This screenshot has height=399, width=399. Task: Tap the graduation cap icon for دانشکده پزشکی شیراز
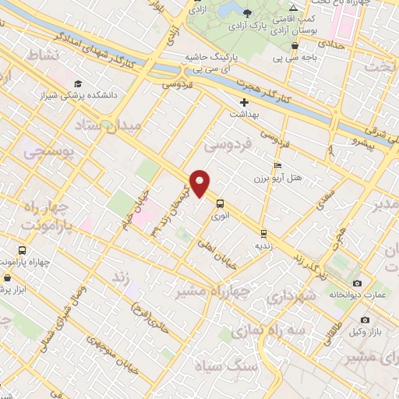(78, 84)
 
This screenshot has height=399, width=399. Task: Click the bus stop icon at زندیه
(263, 232)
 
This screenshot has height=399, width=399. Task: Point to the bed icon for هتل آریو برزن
(277, 165)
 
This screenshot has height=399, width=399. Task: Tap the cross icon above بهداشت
(244, 102)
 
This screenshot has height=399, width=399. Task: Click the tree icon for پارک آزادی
(248, 13)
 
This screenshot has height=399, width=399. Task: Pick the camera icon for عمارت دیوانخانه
(357, 283)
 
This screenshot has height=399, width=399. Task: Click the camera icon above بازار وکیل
(363, 320)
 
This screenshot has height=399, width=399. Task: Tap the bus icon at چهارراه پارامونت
(21, 251)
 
